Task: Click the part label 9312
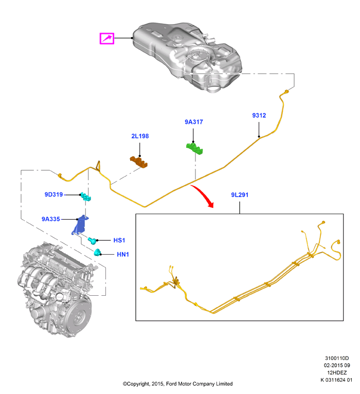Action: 259,115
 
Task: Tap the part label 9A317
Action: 194,122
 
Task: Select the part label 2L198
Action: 140,136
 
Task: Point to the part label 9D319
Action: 53,194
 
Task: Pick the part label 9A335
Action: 51,219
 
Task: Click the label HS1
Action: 119,240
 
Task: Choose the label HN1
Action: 123,254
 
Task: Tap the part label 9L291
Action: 240,195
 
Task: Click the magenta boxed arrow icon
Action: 107,39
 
